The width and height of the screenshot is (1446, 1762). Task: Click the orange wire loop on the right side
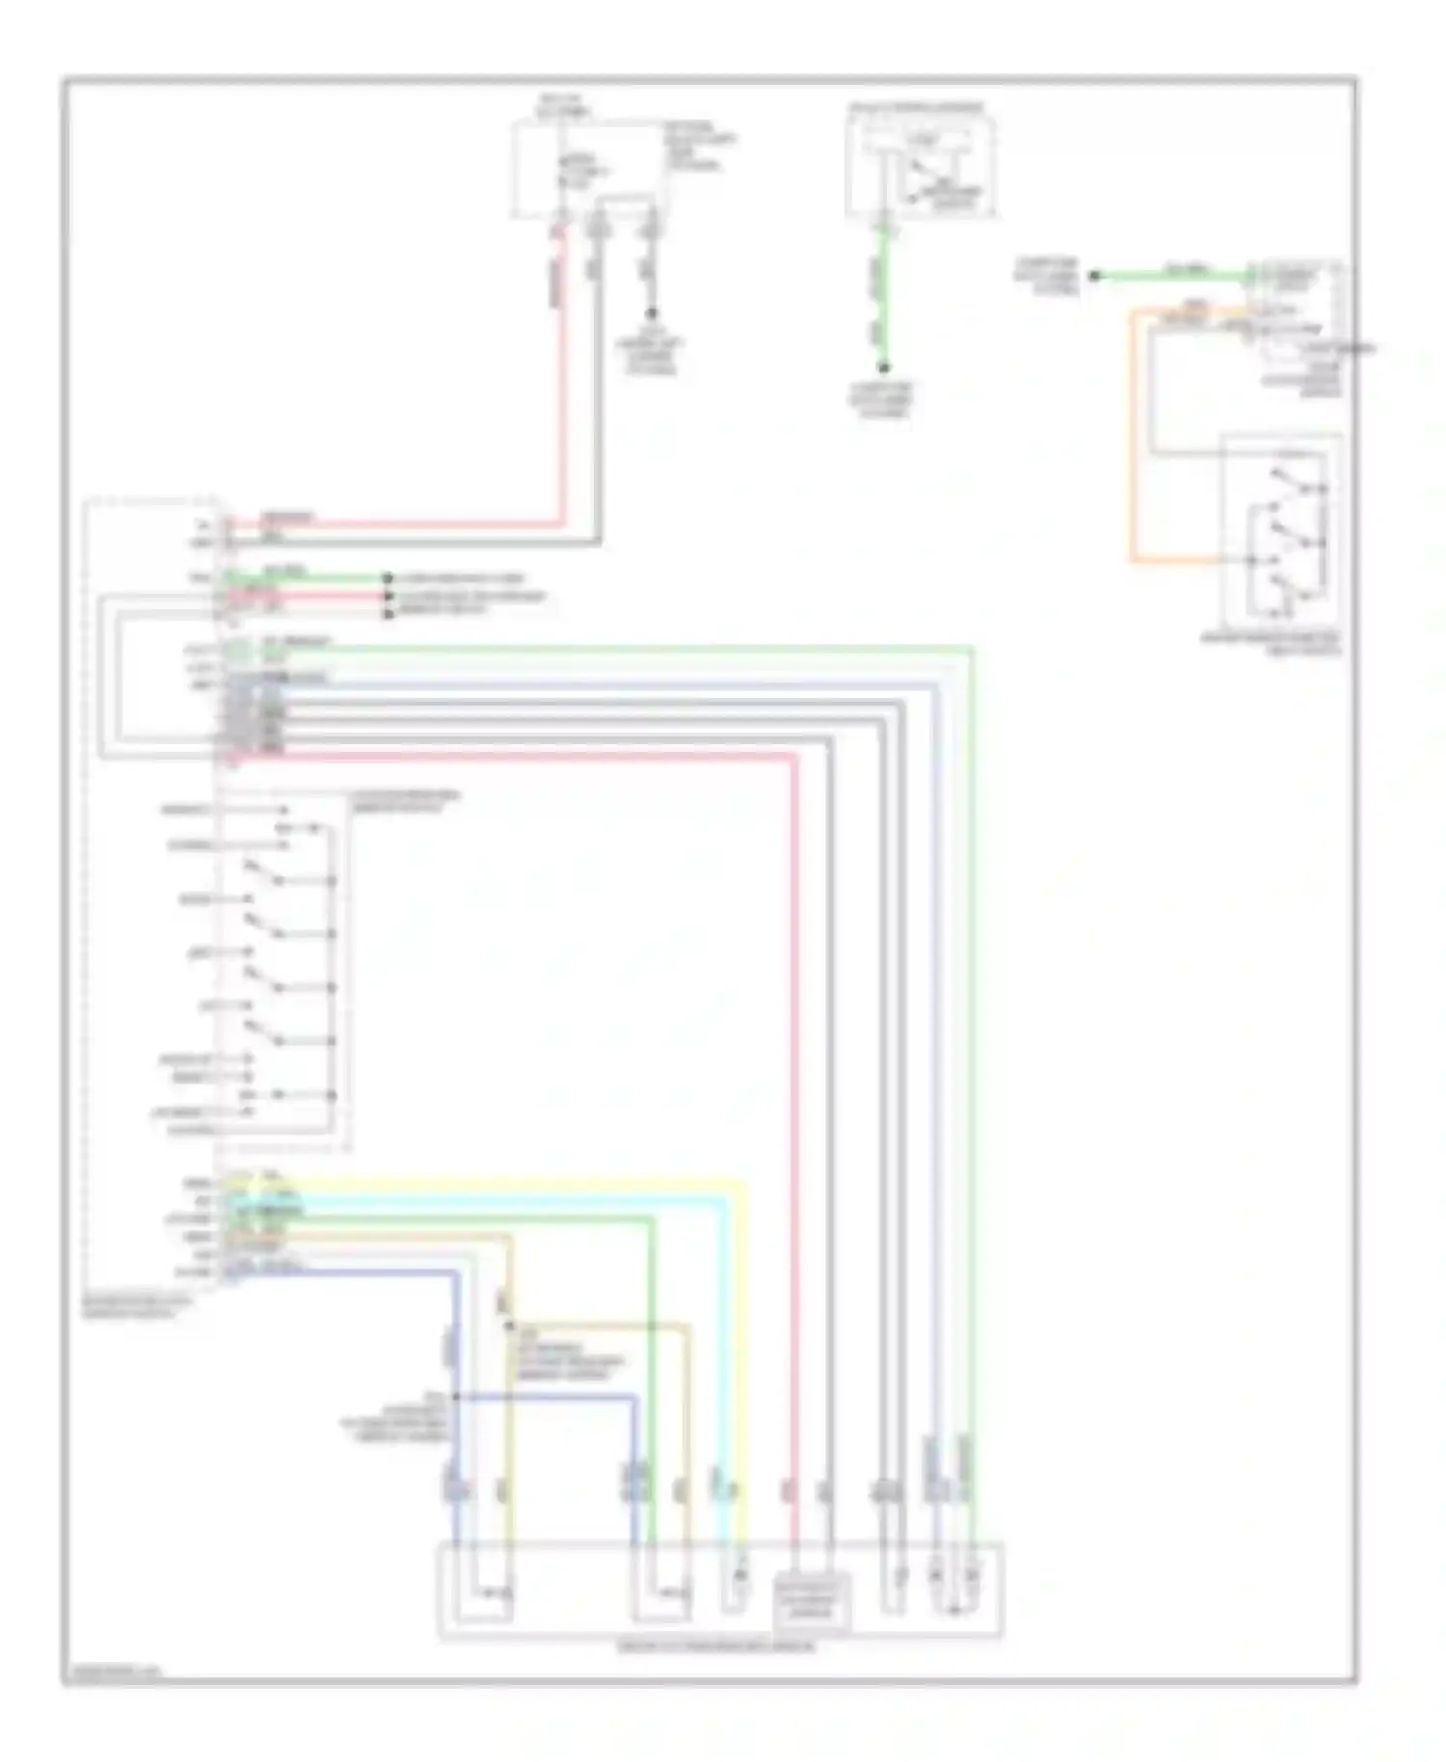[1134, 434]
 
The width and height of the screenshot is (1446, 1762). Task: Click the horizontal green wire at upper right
[1171, 277]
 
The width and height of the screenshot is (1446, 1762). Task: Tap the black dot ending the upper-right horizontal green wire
[1094, 277]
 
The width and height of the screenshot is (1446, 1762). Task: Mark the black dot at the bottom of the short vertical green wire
[883, 367]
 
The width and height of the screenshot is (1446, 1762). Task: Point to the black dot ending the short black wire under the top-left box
[652, 313]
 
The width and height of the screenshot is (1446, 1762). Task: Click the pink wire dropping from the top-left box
[560, 386]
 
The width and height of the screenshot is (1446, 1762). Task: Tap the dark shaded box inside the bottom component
[813, 1603]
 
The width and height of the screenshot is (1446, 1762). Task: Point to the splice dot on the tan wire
[510, 1326]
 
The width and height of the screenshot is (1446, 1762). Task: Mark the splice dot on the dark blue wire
[456, 1397]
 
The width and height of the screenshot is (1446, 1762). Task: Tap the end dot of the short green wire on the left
[388, 578]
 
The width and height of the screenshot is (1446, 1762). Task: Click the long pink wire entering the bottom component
[795, 1157]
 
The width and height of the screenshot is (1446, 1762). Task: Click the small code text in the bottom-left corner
[111, 1674]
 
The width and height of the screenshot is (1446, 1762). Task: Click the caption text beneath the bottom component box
[717, 1647]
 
